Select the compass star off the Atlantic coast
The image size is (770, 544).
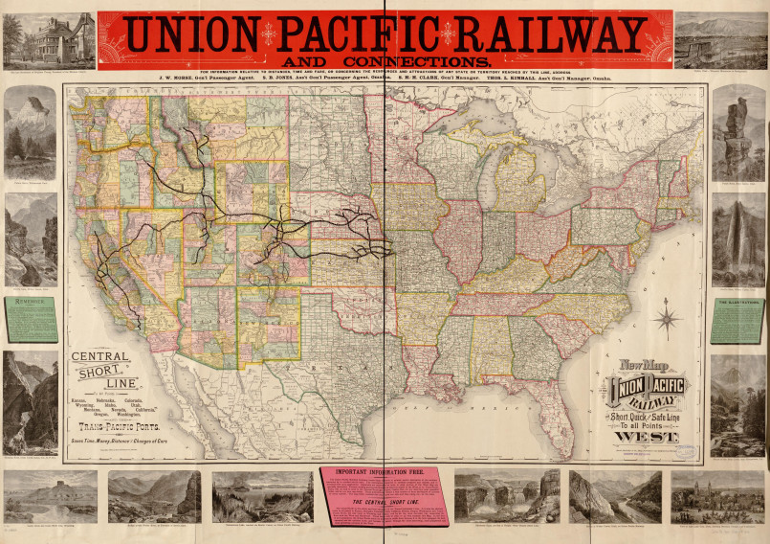click(x=667, y=319)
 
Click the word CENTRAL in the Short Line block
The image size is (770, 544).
click(x=102, y=359)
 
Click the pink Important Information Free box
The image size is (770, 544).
click(x=385, y=495)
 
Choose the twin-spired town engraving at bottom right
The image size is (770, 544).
click(x=717, y=495)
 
